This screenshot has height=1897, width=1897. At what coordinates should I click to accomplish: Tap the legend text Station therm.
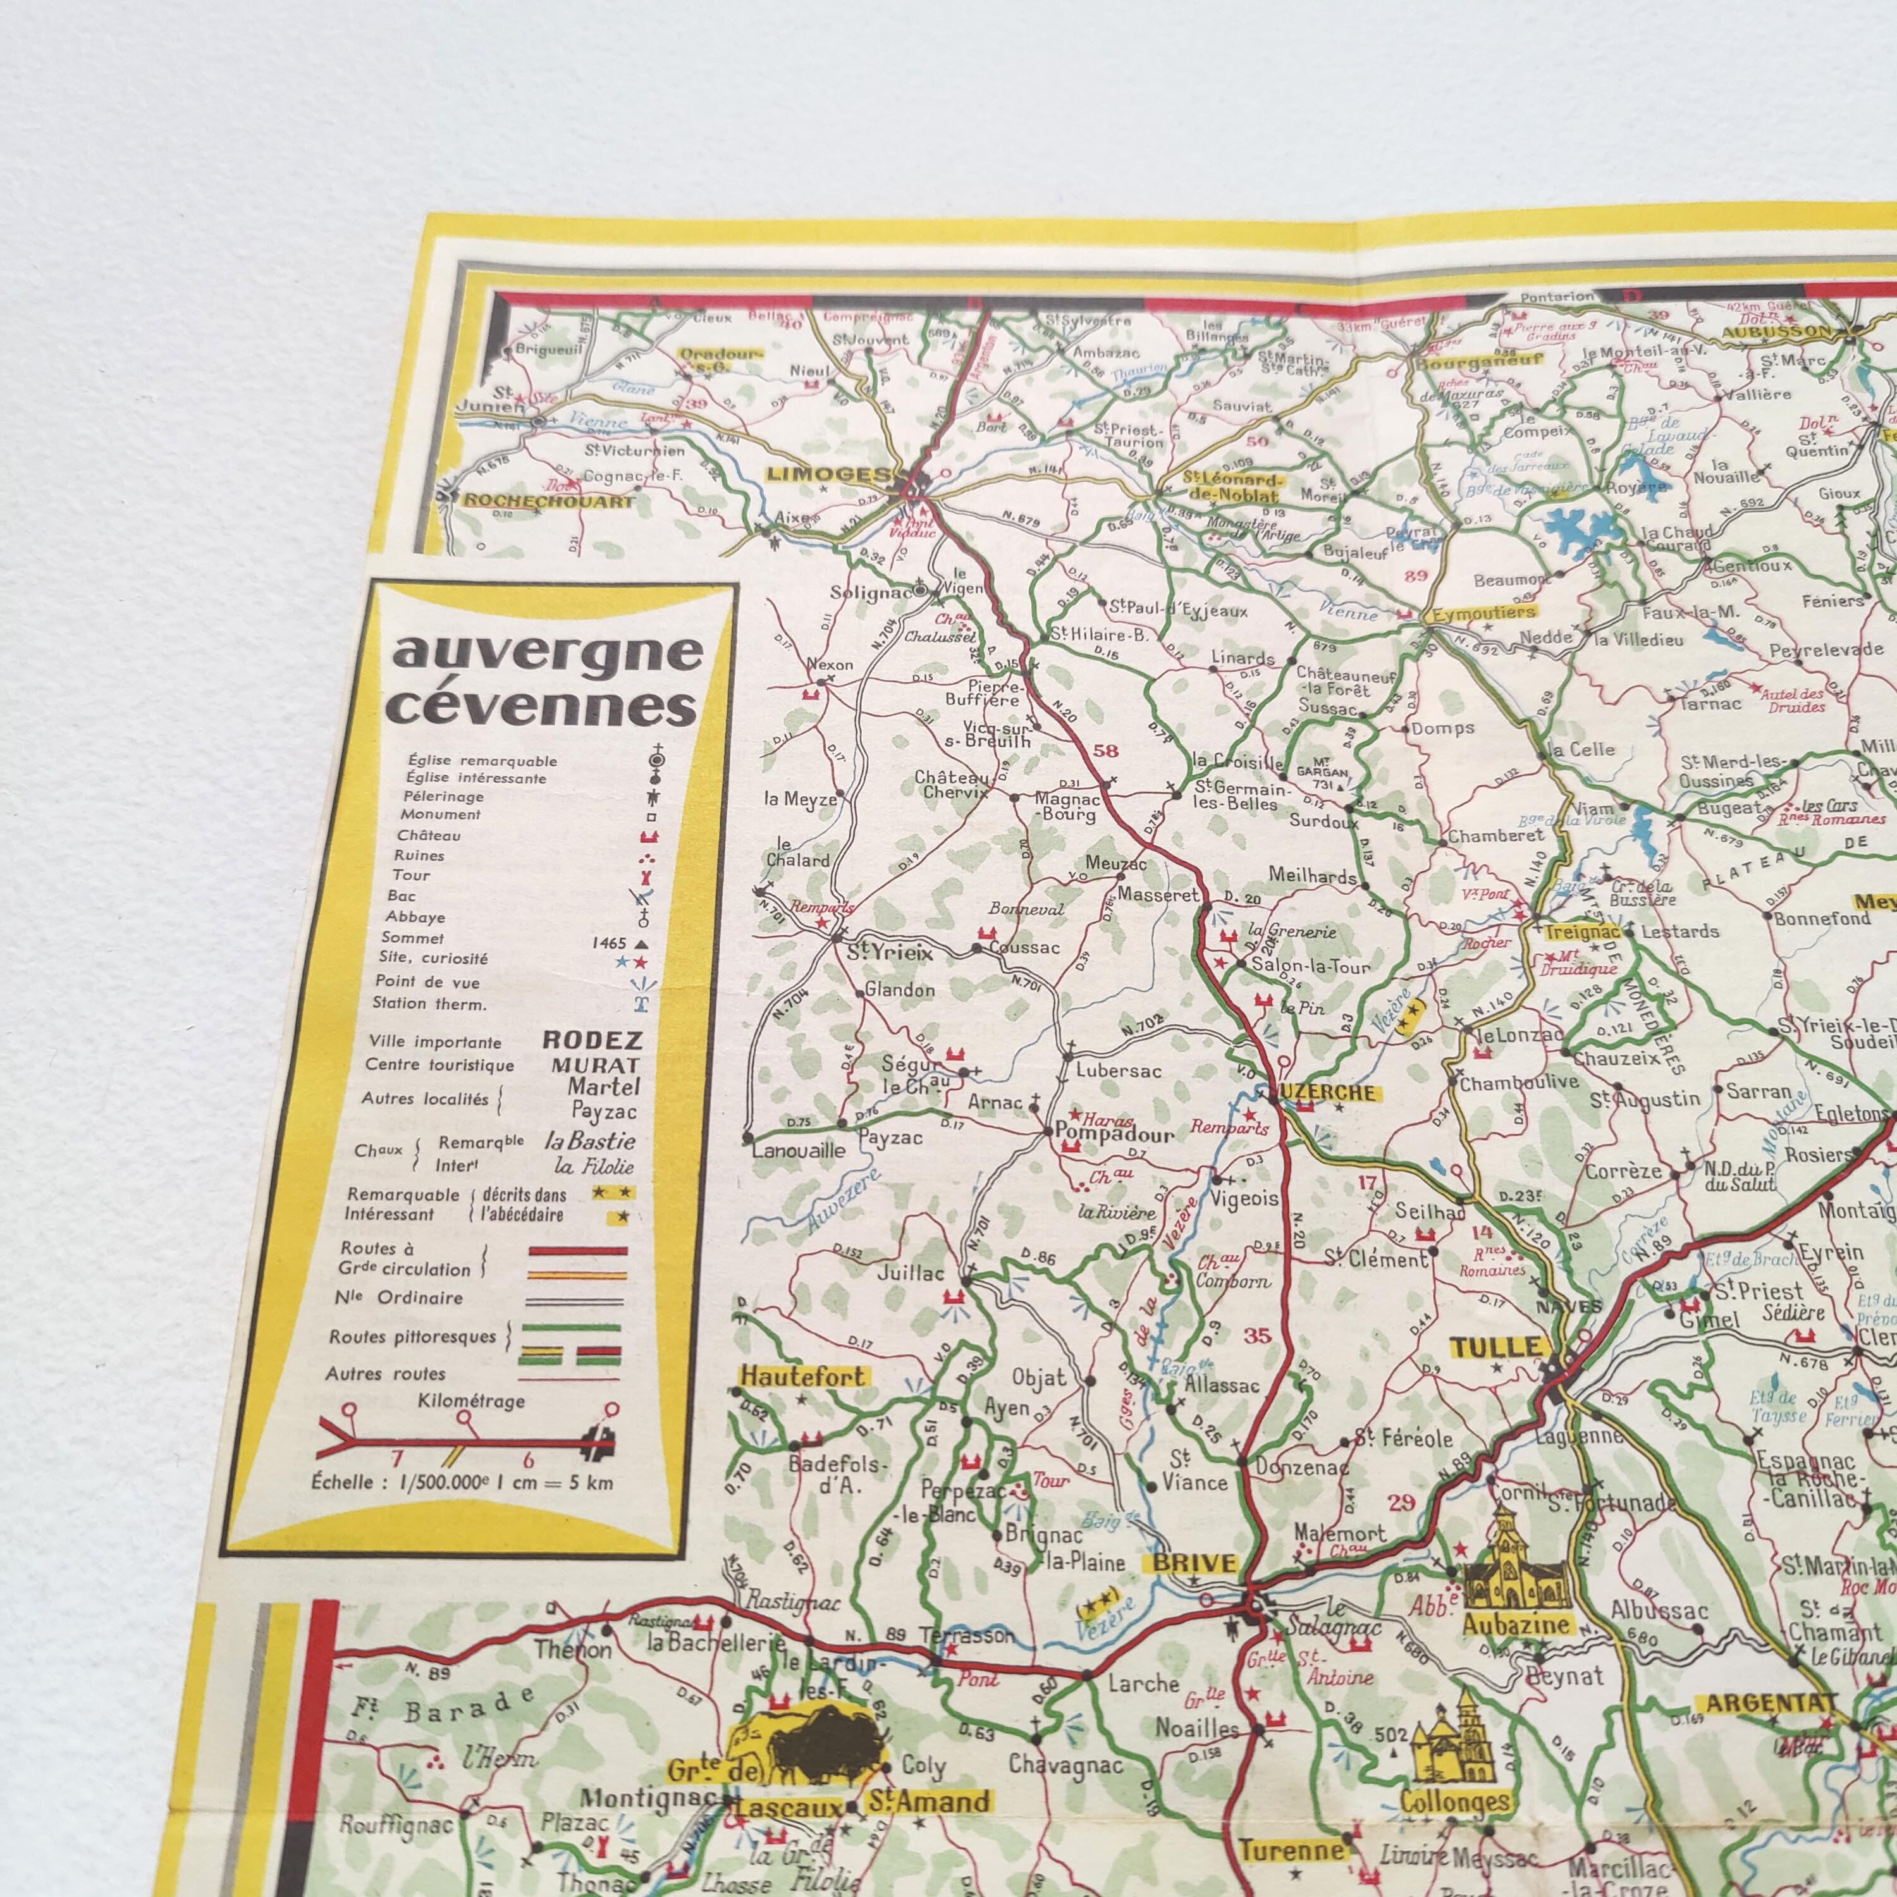pos(429,1004)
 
